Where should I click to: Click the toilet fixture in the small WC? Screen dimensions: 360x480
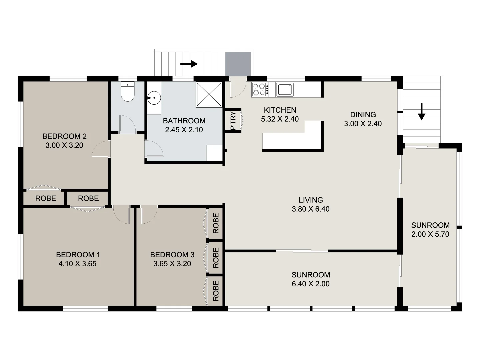[x=127, y=92]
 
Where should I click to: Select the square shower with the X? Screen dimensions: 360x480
[x=209, y=95]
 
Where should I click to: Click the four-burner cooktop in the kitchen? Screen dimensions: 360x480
[x=260, y=90]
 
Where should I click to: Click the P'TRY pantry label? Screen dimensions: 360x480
[x=233, y=121]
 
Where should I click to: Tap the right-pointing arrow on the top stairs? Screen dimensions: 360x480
[x=189, y=64]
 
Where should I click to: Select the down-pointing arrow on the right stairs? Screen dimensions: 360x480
[x=422, y=112]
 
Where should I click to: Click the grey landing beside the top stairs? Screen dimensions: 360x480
[x=238, y=64]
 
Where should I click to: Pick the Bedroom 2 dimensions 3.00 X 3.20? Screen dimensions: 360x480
[x=64, y=145]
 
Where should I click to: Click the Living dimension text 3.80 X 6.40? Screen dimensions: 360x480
[x=310, y=209]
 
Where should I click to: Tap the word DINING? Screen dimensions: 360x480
[x=363, y=115]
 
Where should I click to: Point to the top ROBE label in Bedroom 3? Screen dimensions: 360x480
[x=216, y=223]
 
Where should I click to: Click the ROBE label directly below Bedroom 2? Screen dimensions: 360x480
[x=46, y=198]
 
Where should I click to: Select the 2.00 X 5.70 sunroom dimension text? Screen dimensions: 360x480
[x=430, y=234]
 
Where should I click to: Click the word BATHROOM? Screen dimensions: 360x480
[x=184, y=121]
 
